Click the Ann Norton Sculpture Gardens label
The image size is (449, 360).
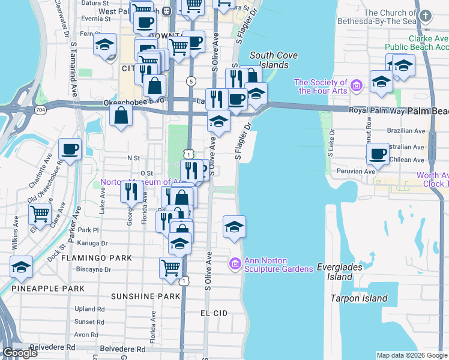tap(279, 265)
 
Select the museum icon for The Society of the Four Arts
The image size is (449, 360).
tap(357, 86)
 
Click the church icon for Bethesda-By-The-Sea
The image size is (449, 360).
tap(426, 16)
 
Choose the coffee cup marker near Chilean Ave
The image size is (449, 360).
tap(378, 154)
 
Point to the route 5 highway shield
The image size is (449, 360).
tap(191, 81)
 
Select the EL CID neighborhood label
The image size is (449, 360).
tap(214, 313)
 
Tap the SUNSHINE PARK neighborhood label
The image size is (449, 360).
tap(145, 296)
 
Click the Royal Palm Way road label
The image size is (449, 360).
tap(377, 111)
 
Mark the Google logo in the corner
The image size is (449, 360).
tap(20, 353)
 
